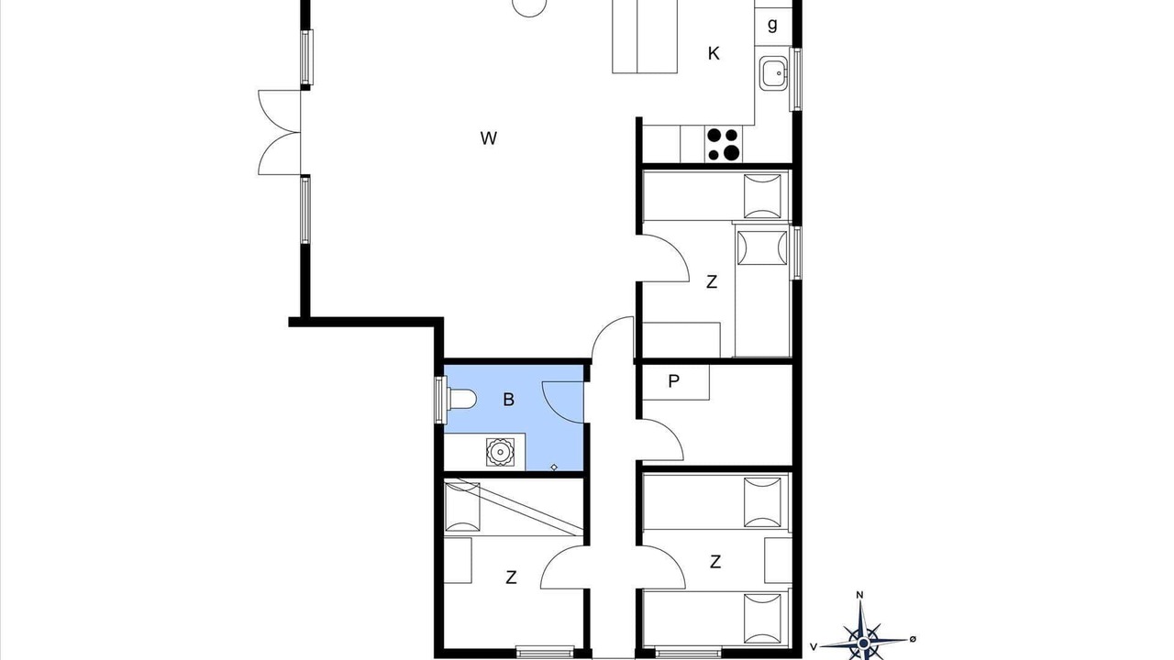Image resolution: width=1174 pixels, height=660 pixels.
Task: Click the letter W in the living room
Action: [x=489, y=138]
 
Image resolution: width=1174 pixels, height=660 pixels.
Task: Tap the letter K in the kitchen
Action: [x=714, y=53]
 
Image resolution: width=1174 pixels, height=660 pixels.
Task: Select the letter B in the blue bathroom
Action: [x=508, y=400]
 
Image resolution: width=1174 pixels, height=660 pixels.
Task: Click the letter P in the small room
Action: [x=673, y=381]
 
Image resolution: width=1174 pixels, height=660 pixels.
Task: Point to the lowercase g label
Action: [x=772, y=25]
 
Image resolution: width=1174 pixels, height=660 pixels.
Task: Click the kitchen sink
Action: [x=773, y=73]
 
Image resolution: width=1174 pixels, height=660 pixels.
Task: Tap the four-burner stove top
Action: [x=724, y=144]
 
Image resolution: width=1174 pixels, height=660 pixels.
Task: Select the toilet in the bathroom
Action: [x=462, y=399]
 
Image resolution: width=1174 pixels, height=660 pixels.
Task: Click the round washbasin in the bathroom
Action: [x=500, y=452]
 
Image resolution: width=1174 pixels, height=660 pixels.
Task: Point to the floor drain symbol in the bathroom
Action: [x=554, y=467]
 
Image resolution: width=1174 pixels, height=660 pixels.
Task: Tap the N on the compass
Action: [x=859, y=595]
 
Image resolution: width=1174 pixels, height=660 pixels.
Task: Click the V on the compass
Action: [x=814, y=647]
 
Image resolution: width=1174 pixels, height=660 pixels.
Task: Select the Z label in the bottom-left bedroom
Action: [x=511, y=577]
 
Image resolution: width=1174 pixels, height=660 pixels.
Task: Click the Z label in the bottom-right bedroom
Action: [x=714, y=562]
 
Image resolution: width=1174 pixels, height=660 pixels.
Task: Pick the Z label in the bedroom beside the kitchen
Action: [x=711, y=281]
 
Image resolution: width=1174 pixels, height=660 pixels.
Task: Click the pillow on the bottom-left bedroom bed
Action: [x=462, y=507]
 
